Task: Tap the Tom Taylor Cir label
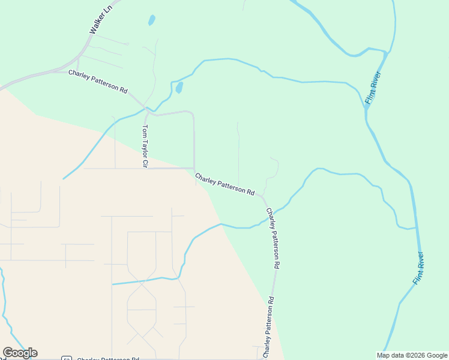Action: click(x=145, y=146)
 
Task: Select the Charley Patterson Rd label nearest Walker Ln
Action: click(x=98, y=82)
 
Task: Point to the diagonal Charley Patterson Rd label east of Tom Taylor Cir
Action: click(x=224, y=184)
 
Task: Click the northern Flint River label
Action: click(x=373, y=89)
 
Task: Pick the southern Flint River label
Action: click(x=419, y=268)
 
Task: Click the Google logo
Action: click(x=20, y=353)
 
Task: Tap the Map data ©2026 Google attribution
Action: click(x=412, y=355)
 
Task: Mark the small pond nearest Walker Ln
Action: click(x=152, y=20)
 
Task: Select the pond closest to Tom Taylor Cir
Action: click(x=179, y=88)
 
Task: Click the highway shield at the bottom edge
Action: click(x=67, y=358)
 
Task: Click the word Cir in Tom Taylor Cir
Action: click(x=145, y=163)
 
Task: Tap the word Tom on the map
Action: click(x=145, y=130)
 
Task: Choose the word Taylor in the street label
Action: click(x=145, y=146)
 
